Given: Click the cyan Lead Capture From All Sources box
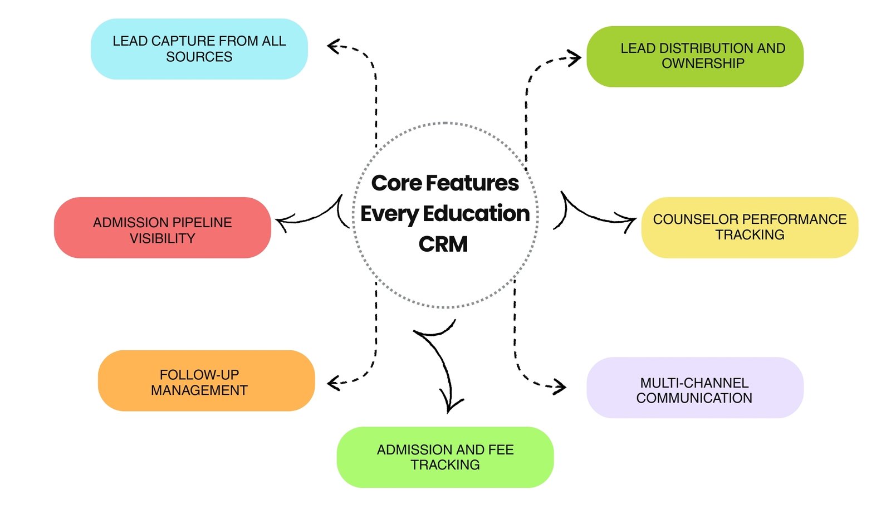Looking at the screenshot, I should coord(199,49).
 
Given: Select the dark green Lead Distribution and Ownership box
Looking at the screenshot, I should coord(694,56).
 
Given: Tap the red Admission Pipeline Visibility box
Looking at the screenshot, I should coord(162,228).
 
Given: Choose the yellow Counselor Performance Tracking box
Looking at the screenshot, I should coord(750,227).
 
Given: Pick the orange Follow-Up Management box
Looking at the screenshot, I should coord(206,381).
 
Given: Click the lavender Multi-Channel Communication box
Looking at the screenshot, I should coord(694,388).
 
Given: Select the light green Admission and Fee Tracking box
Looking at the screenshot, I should coord(445,457).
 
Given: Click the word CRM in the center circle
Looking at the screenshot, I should coord(443,244).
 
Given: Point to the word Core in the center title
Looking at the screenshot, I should coord(396,183).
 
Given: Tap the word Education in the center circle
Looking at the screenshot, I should coord(476,214).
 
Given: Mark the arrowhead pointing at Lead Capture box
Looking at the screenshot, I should coord(333,46).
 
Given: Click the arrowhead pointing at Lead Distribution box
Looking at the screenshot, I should coord(575,57).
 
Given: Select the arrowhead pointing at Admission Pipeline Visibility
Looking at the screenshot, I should coord(282,223).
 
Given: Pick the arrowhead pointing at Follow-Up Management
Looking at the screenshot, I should coord(333,383).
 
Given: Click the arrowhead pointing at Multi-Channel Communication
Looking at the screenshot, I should coord(560,386).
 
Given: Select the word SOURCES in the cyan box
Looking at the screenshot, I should coord(199,57).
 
